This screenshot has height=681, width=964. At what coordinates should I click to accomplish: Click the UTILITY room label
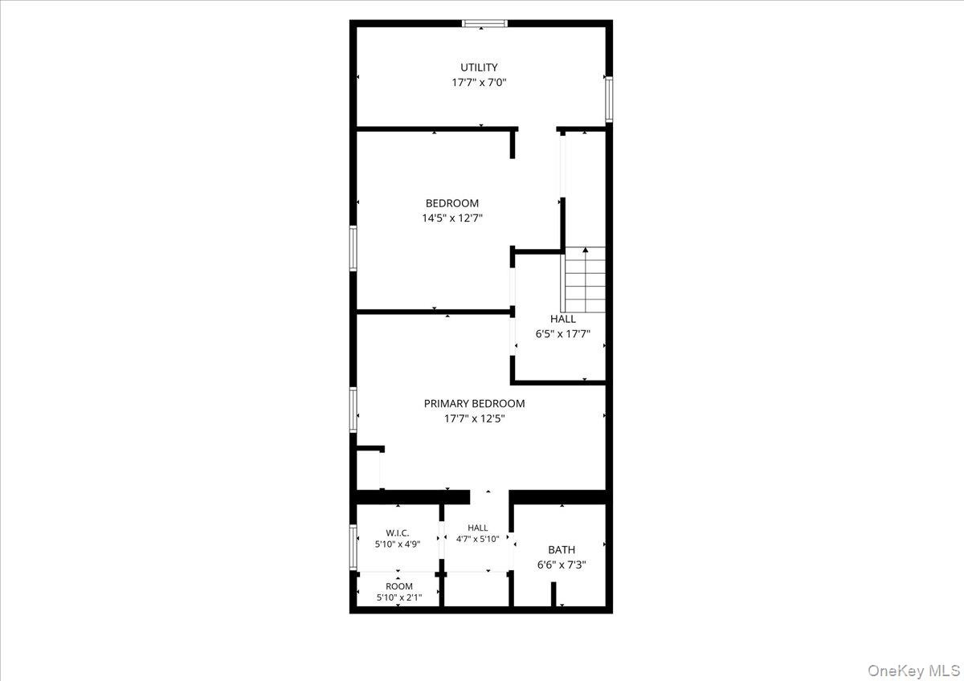pos(479,67)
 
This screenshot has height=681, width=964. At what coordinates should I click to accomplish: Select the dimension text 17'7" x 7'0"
pos(479,82)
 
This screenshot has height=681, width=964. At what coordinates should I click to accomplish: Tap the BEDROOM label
pos(451,203)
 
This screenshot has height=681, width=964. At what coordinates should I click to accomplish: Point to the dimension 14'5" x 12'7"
pos(451,218)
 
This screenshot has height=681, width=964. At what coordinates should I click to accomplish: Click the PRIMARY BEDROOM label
pos(474,403)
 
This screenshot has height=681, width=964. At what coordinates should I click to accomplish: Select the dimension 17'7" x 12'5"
pos(474,418)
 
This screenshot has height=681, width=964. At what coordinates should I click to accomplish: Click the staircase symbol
pos(583,279)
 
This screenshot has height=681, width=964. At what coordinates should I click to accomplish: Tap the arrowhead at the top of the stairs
pos(586,250)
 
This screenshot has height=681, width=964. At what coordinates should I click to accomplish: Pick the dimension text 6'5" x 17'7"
pos(563,334)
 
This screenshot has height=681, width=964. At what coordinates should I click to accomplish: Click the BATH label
pos(562,550)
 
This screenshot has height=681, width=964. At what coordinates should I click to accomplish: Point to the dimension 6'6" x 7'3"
pos(562,565)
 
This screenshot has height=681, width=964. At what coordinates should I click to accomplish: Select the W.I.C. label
pos(397,533)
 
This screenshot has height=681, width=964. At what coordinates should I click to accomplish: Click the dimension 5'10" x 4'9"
pos(397,544)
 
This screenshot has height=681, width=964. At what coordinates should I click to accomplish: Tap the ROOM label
pos(399,586)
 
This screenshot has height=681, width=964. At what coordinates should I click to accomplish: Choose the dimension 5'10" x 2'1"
pos(399,597)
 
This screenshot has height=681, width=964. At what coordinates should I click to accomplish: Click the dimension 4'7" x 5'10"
pos(478,539)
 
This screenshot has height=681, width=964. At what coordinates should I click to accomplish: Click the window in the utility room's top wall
pos(485,23)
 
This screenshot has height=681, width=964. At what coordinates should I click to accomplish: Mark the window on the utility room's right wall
pos(609,100)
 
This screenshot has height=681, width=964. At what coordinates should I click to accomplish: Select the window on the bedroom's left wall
pos(353,248)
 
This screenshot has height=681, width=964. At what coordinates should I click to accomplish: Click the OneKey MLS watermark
pos(913,671)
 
